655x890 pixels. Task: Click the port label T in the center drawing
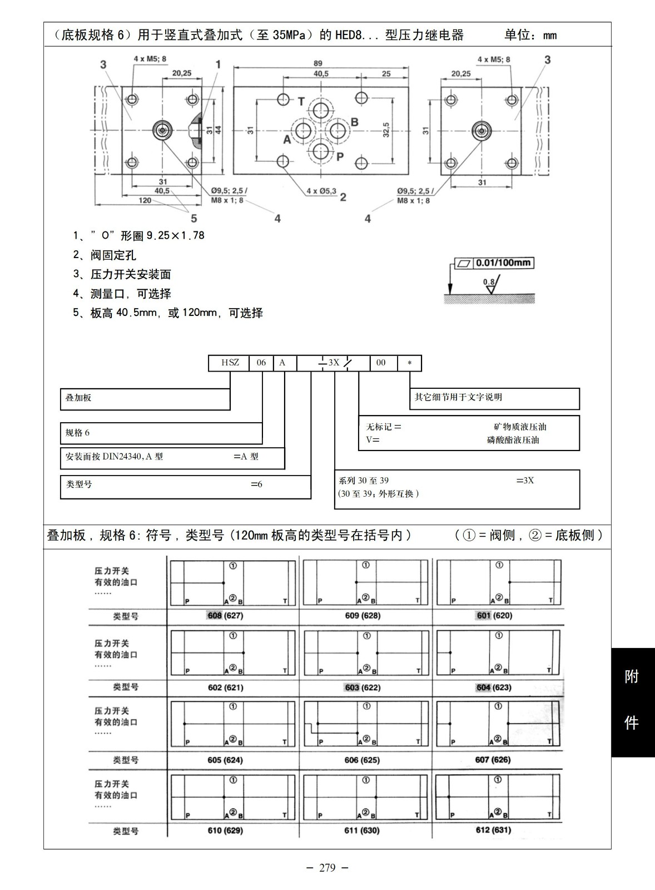click(301, 101)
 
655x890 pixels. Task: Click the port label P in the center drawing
click(340, 157)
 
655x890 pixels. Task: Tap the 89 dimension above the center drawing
click(317, 63)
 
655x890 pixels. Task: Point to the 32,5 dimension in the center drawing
click(386, 130)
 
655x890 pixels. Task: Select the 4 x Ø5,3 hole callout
click(321, 191)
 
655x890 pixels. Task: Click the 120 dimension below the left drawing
click(145, 200)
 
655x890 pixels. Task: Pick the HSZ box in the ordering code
click(230, 363)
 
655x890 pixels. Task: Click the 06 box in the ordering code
click(261, 363)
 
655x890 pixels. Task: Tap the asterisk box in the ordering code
click(410, 363)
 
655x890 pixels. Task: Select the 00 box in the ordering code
click(381, 363)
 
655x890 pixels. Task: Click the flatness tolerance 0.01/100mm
click(503, 263)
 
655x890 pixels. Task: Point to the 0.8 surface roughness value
click(488, 281)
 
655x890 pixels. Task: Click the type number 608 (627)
click(225, 616)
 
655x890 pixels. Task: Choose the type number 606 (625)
click(362, 760)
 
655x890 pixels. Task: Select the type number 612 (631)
click(493, 830)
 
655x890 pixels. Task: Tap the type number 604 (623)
click(494, 688)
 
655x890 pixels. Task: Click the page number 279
click(327, 868)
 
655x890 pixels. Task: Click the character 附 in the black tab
click(632, 677)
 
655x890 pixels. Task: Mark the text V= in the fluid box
click(373, 440)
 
